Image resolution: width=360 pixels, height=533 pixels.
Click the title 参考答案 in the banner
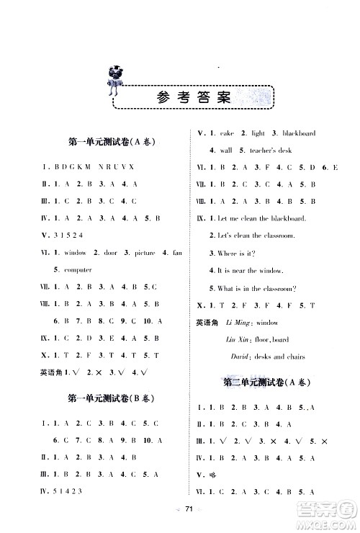coord(194,99)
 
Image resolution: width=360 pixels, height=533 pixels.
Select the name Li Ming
coord(237,323)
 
